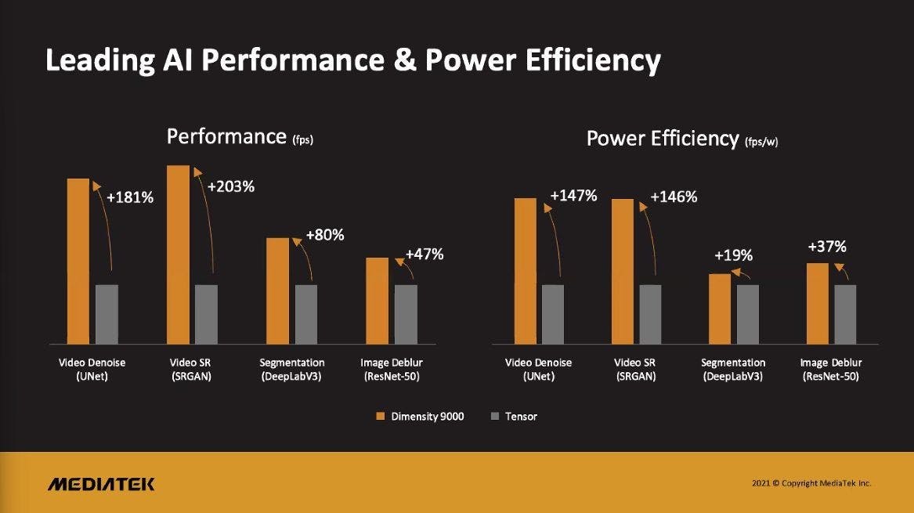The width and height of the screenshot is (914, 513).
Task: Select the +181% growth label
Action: click(131, 197)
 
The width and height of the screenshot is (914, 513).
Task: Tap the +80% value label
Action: click(325, 235)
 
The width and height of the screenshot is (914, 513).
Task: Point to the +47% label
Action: click(424, 254)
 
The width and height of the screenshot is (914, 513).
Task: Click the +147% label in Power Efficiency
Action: click(573, 196)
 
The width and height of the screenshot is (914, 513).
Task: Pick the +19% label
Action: click(733, 255)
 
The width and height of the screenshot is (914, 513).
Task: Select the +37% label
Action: click(827, 247)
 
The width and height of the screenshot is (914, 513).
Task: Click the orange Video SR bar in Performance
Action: click(179, 255)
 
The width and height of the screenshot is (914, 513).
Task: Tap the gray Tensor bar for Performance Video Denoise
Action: click(107, 314)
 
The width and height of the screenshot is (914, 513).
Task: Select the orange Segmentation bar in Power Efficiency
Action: click(720, 309)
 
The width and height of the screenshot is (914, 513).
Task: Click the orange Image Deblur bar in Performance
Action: click(378, 301)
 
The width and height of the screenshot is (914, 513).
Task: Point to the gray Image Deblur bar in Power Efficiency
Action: click(845, 314)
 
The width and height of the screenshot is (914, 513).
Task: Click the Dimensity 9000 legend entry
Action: click(420, 417)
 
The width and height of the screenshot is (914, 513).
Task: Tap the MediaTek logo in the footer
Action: click(101, 483)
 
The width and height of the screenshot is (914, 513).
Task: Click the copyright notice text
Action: click(811, 483)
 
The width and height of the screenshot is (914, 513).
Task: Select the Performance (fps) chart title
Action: click(240, 137)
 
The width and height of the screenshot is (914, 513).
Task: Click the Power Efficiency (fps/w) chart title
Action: click(682, 139)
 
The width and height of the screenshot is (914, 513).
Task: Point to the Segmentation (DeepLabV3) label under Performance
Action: click(292, 369)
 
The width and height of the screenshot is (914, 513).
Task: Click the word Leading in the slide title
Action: click(96, 61)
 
